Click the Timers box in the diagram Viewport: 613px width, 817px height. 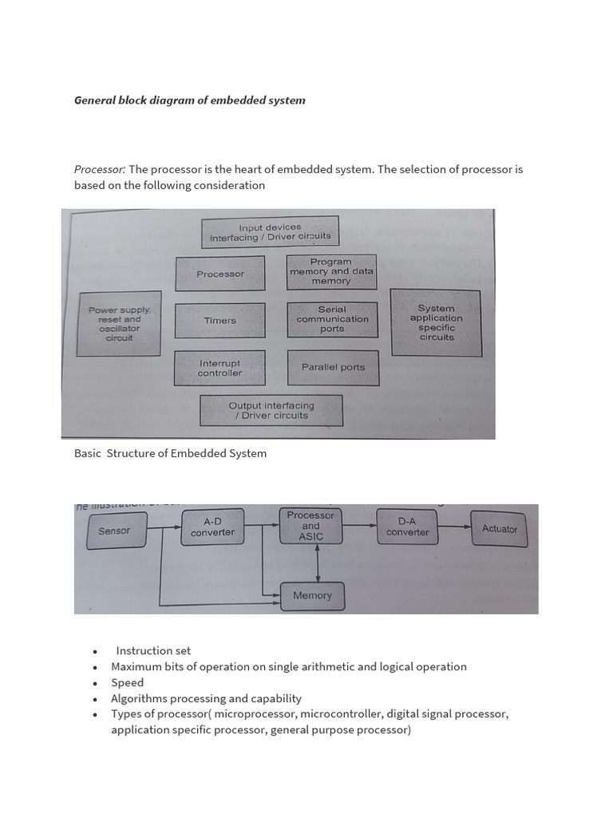coord(219,320)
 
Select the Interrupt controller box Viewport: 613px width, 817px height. coord(219,368)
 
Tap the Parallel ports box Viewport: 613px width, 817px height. coord(333,368)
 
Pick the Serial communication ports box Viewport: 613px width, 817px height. coord(333,319)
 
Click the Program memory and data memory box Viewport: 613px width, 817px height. coord(331,272)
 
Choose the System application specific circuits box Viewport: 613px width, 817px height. coord(436,322)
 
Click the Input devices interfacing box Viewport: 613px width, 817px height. coord(270,232)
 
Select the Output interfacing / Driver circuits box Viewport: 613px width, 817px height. coord(271,410)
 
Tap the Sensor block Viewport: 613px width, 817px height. coord(114,531)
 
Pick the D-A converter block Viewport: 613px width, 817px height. coord(407,527)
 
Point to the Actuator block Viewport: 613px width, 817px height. coord(500,529)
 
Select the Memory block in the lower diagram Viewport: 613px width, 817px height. coord(312,595)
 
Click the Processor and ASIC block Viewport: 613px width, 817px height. coord(311,526)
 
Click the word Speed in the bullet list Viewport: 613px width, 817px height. coord(128,683)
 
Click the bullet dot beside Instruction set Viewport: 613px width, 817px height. coord(95,652)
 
